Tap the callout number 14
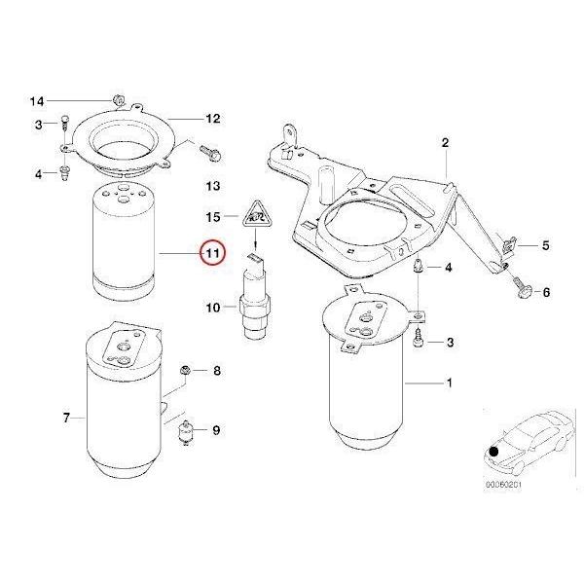pyautogui.click(x=37, y=101)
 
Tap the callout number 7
pyautogui.click(x=66, y=419)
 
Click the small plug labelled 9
pyautogui.click(x=187, y=435)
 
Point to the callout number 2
pyautogui.click(x=445, y=143)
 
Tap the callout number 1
pyautogui.click(x=449, y=383)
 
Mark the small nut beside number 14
pyautogui.click(x=116, y=98)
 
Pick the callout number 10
pyautogui.click(x=213, y=310)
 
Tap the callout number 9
pyautogui.click(x=216, y=430)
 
